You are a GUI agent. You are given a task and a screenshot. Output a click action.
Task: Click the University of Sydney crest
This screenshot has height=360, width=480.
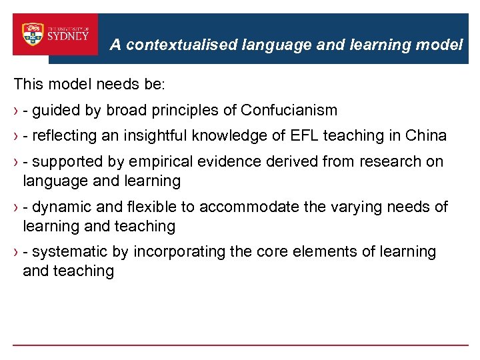[33, 35]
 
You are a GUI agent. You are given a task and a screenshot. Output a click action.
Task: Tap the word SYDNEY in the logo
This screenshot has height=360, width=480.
[68, 36]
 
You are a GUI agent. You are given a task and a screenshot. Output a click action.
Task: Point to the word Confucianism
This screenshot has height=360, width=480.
[289, 110]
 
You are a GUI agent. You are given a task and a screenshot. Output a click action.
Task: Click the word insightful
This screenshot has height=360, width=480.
[156, 136]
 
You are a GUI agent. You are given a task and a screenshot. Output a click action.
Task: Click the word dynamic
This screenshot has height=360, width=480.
[59, 207]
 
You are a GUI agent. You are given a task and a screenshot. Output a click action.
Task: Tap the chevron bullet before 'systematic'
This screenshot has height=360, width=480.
[16, 253]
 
